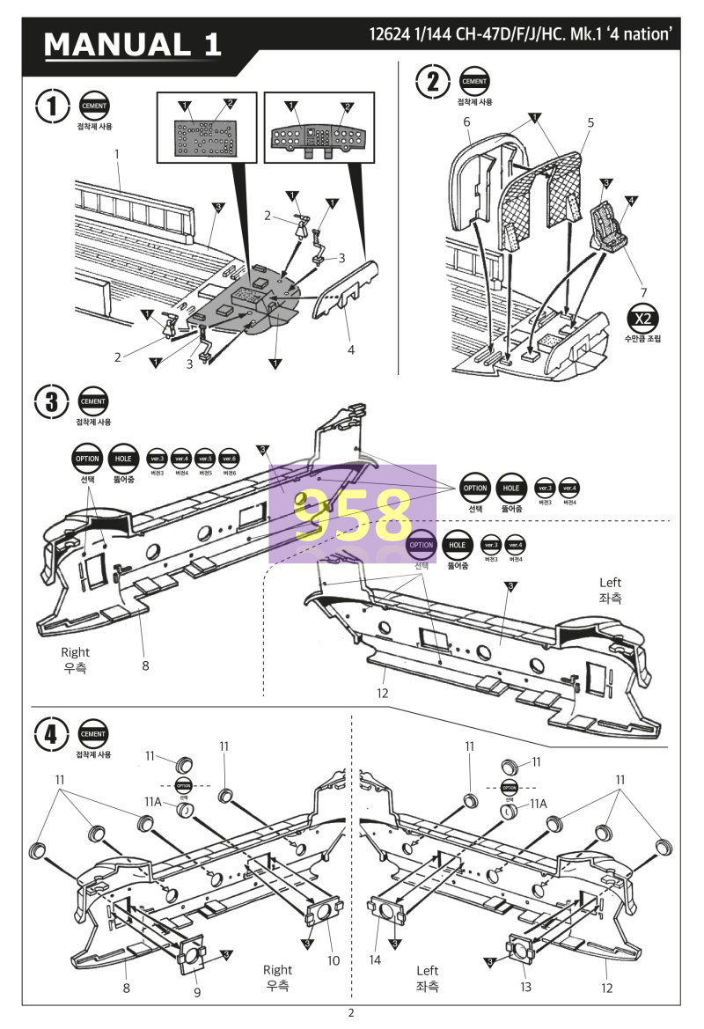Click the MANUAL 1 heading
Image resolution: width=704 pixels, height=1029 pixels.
(133, 44)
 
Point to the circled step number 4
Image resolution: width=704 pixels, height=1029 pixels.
(52, 735)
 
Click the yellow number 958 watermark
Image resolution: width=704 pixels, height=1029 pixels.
(353, 514)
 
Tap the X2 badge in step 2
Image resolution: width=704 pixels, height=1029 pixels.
(642, 319)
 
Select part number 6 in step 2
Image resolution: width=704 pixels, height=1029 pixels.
(466, 121)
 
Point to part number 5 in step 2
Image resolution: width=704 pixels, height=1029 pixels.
(591, 122)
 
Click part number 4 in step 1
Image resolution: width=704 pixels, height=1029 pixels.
(351, 349)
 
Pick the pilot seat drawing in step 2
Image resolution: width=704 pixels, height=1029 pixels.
(605, 226)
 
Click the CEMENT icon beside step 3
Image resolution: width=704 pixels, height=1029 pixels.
(93, 401)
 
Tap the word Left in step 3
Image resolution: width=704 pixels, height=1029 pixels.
(610, 582)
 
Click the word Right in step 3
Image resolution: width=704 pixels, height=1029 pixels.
(75, 652)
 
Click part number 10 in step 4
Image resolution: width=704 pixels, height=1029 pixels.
(334, 960)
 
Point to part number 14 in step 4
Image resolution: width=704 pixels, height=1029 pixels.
(376, 960)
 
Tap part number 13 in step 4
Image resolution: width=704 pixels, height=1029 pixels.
(525, 987)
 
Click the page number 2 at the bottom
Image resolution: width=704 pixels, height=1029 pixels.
(351, 1013)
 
